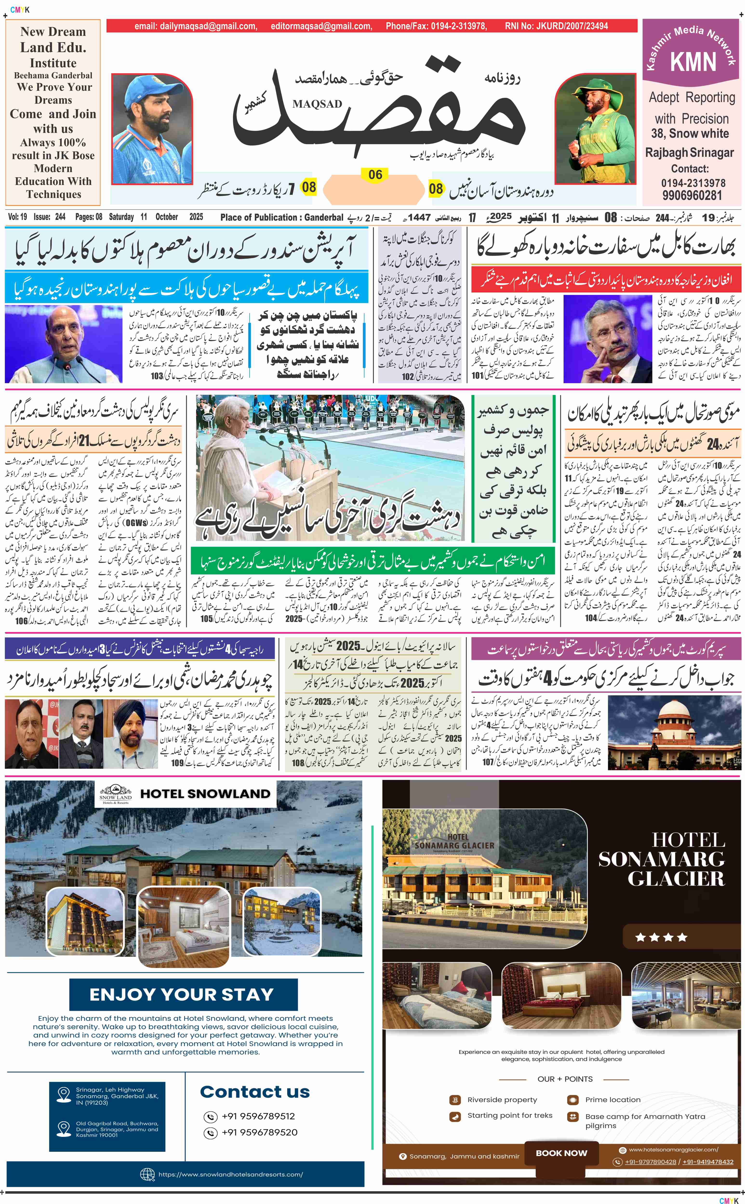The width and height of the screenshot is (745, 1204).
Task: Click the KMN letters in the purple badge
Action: [693, 62]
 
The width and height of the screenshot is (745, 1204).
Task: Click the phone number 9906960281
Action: [692, 196]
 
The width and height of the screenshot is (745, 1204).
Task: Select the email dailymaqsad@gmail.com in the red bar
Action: [196, 26]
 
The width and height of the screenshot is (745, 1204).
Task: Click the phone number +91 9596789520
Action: [259, 1132]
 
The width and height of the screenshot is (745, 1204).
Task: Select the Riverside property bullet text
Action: [502, 1100]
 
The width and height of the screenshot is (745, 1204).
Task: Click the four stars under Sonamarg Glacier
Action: [661, 937]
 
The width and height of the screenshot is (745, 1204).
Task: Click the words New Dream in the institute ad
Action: [53, 32]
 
